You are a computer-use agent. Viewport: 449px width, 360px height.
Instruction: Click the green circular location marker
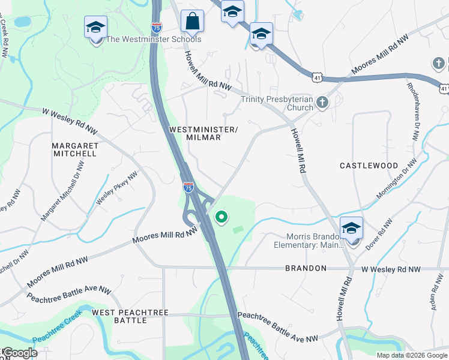[221, 217]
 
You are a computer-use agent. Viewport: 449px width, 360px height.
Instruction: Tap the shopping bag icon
[192, 22]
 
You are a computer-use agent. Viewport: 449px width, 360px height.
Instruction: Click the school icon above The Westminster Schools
[95, 28]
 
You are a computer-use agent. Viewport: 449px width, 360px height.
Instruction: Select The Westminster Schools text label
[153, 40]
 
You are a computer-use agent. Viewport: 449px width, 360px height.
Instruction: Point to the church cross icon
[322, 102]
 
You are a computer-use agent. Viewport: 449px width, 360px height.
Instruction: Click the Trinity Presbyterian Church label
[277, 103]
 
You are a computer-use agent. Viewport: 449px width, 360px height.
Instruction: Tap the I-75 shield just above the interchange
[188, 188]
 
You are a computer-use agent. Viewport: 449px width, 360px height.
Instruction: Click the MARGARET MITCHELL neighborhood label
[74, 149]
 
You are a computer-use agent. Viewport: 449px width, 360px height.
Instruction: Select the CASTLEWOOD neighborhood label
[369, 165]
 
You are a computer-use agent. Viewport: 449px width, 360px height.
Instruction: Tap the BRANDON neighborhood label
[306, 268]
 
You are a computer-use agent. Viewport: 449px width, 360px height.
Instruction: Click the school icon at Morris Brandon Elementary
[351, 229]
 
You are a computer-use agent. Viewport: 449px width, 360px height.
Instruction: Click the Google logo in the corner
[19, 353]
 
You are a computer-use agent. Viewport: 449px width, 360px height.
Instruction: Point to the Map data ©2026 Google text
[411, 355]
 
